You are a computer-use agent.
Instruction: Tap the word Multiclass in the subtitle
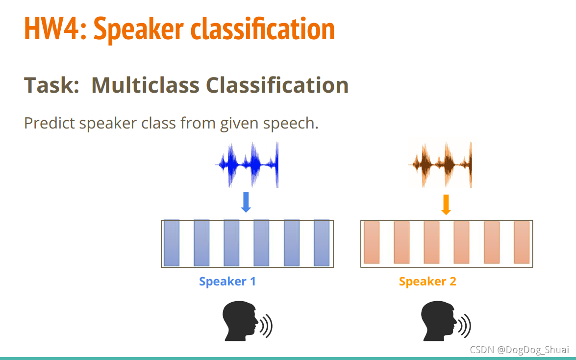[x=145, y=85]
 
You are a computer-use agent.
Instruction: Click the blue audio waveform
[x=247, y=164]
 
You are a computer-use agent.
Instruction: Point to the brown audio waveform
[x=440, y=164]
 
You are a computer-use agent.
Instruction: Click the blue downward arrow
[x=246, y=202]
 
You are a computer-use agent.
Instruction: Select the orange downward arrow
[x=446, y=205]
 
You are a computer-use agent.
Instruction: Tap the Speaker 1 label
[x=227, y=282]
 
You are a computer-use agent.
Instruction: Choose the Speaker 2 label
[x=427, y=282]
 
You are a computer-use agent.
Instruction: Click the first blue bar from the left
[x=172, y=243]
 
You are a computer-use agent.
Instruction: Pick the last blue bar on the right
[x=322, y=243]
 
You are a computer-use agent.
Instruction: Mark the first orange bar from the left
[x=372, y=242]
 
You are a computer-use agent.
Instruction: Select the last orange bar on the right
[x=522, y=242]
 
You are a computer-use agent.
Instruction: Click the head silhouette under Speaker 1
[x=240, y=321]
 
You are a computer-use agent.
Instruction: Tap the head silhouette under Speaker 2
[x=439, y=321]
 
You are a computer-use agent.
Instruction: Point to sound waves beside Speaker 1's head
[x=266, y=326]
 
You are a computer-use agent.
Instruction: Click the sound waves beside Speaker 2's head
[x=465, y=326]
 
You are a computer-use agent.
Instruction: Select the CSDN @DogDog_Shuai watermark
[x=520, y=350]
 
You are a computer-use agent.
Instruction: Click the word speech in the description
[x=291, y=124]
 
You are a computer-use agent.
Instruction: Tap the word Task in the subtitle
[x=51, y=85]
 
